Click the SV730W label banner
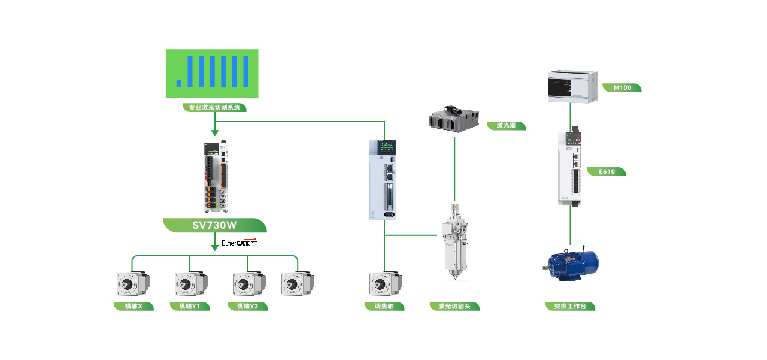[214, 225]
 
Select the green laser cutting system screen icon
[213, 74]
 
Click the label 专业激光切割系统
[214, 108]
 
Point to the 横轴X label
[134, 307]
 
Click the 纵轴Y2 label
[248, 307]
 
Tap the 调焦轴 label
[384, 307]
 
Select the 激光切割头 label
[454, 307]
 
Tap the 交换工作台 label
[571, 307]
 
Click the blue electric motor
[570, 264]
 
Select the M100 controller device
[572, 86]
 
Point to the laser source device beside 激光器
[454, 118]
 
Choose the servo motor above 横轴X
[132, 284]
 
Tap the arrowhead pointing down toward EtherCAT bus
[214, 247]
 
